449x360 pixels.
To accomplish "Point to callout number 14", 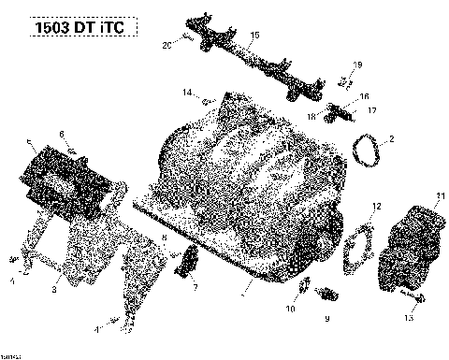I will (187, 91).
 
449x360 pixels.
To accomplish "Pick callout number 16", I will (365, 96).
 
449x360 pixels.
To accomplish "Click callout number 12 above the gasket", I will (376, 206).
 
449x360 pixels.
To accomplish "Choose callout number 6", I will (62, 134).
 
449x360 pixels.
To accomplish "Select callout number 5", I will (30, 143).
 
